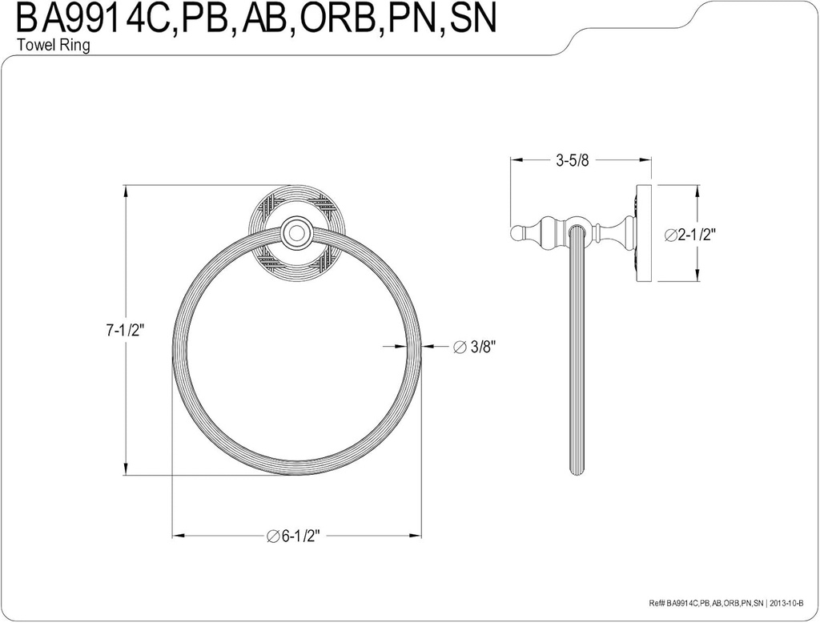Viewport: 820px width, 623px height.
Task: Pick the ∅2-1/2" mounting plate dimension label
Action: [x=689, y=235]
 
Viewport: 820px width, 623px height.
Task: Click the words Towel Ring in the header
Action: [x=53, y=46]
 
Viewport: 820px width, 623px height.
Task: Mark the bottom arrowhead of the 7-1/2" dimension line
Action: [x=127, y=470]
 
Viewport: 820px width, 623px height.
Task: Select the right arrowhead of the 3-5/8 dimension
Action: [x=646, y=160]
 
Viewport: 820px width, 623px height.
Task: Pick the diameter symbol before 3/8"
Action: [x=459, y=347]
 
